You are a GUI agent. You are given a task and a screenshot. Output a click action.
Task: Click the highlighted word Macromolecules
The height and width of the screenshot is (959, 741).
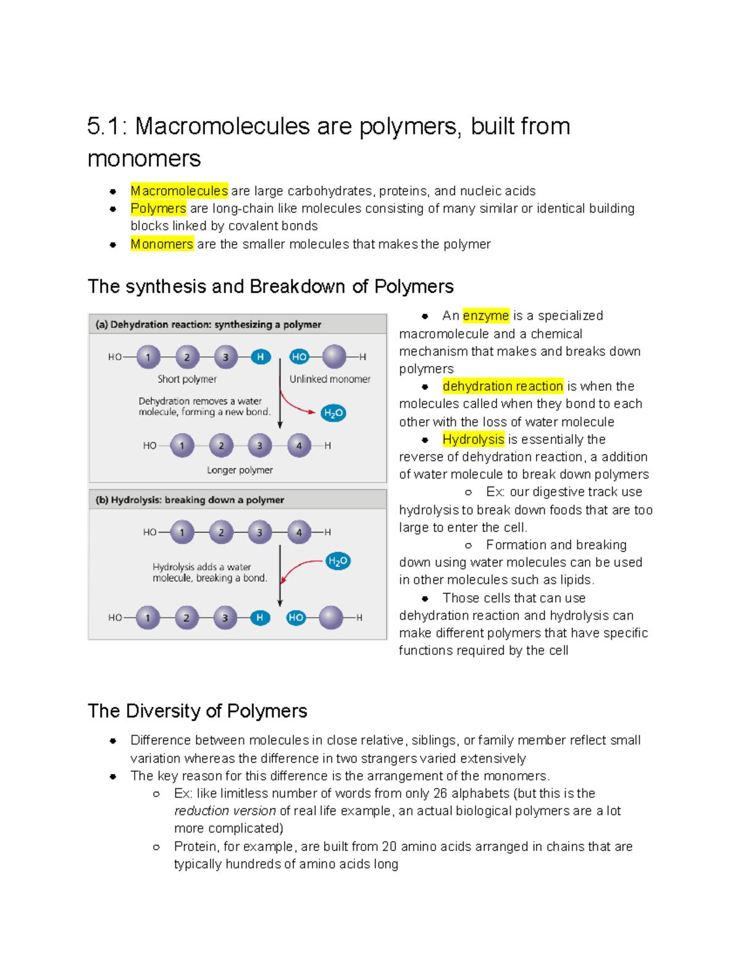click(x=179, y=191)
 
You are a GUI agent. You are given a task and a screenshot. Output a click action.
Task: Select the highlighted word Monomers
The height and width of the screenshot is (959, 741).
click(x=162, y=244)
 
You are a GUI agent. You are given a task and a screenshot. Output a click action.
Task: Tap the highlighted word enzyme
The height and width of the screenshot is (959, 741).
click(x=486, y=316)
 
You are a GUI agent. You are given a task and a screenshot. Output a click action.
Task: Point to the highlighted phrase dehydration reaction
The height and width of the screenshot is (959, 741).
click(x=503, y=386)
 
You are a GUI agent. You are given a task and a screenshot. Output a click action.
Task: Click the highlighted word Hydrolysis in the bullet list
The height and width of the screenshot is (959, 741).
click(x=473, y=439)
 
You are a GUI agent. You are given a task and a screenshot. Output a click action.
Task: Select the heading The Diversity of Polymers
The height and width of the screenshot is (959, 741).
click(x=197, y=711)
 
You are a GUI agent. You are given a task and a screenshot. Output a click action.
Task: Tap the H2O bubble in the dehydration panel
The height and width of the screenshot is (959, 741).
click(x=333, y=413)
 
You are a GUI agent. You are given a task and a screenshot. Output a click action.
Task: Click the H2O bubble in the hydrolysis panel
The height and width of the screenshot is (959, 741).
click(x=338, y=561)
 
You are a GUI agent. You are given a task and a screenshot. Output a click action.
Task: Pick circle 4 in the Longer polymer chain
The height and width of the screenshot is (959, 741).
click(x=299, y=445)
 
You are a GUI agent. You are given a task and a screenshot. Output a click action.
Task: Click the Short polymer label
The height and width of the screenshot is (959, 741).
click(x=187, y=379)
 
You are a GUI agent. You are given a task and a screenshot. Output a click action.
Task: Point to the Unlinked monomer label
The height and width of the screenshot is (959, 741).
click(x=330, y=379)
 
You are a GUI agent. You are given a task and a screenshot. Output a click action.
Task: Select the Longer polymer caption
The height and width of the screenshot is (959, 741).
click(x=240, y=470)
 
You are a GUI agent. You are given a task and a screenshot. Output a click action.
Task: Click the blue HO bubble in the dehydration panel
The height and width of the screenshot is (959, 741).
click(x=299, y=356)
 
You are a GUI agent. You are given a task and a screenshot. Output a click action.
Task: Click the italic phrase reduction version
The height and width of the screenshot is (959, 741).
click(x=225, y=811)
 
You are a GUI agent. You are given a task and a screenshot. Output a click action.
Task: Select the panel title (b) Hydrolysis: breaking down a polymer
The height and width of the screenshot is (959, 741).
click(x=190, y=500)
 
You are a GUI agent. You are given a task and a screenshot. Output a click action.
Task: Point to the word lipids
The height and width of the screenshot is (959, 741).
click(x=575, y=580)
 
